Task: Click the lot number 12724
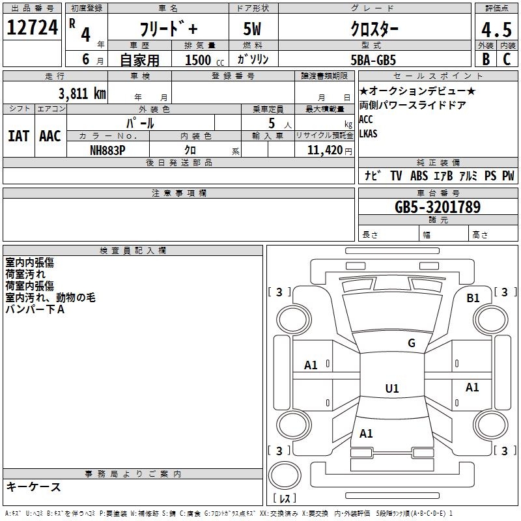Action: (x=32, y=28)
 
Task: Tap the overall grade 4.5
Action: (x=496, y=29)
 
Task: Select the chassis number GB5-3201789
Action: (x=438, y=208)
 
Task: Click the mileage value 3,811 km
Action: (x=82, y=94)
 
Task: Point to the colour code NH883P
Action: (x=107, y=150)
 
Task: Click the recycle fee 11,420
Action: (x=324, y=150)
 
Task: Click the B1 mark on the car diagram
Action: (x=473, y=298)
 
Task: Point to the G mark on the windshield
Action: (x=411, y=343)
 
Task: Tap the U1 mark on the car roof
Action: (x=392, y=389)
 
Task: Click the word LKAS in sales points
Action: (x=368, y=134)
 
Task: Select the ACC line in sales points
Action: (x=366, y=119)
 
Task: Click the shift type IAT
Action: (x=18, y=136)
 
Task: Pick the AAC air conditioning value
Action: (x=49, y=136)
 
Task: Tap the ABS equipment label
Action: (x=419, y=176)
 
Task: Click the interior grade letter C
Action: (x=507, y=59)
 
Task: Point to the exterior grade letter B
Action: (x=485, y=59)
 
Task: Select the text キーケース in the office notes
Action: (x=34, y=487)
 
